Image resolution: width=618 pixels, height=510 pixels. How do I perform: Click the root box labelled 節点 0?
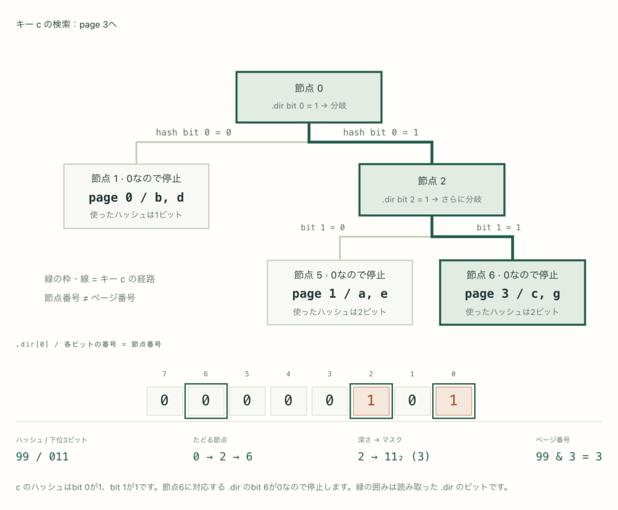(x=308, y=97)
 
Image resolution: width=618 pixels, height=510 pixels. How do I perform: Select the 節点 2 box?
(x=432, y=190)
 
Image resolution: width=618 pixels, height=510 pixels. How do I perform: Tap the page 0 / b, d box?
(x=136, y=196)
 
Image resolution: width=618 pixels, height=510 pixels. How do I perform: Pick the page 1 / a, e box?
(x=340, y=292)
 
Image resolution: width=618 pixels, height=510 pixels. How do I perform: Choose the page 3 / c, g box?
(x=512, y=292)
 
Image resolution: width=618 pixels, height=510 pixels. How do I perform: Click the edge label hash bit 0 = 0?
(x=194, y=132)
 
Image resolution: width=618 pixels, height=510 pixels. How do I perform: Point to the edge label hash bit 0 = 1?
(x=381, y=132)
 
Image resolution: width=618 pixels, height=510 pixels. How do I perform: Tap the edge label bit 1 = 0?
(x=323, y=227)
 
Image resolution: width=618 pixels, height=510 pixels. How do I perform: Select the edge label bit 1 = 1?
(x=499, y=227)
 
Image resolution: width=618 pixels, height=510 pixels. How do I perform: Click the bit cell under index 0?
(x=453, y=401)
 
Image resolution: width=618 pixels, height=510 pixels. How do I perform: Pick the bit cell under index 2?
(x=371, y=401)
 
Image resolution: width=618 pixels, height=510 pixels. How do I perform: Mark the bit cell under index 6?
(x=206, y=401)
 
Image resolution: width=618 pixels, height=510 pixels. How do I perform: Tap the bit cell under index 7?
(x=164, y=401)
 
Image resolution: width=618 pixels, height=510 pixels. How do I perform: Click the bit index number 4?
(x=288, y=374)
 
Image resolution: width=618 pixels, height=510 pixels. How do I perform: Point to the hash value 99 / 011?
(x=42, y=457)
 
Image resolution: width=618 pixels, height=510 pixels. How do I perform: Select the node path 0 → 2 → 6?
(x=223, y=457)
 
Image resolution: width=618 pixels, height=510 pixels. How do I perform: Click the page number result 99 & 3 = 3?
(x=569, y=457)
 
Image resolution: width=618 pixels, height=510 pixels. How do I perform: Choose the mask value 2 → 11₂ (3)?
(x=393, y=457)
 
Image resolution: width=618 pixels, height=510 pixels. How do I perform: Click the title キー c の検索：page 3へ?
(x=66, y=25)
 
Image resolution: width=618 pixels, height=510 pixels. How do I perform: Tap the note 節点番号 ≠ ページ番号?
(x=89, y=298)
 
